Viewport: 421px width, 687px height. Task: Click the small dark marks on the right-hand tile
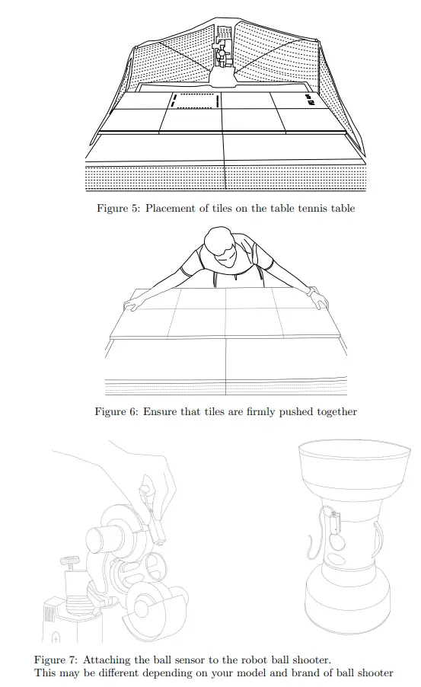(308, 99)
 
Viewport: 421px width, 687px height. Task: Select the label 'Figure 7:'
(57, 659)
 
